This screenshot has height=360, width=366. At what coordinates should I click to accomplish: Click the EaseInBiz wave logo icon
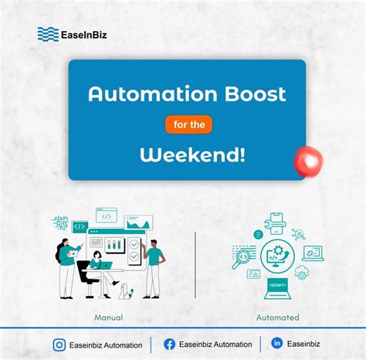pyautogui.click(x=48, y=34)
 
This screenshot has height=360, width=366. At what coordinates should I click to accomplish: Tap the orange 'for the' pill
pyautogui.click(x=188, y=124)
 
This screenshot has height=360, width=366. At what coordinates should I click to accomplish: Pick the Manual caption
pyautogui.click(x=110, y=318)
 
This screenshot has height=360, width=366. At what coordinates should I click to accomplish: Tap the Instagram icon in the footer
pyautogui.click(x=59, y=345)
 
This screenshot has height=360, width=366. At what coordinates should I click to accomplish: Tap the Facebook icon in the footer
pyautogui.click(x=169, y=345)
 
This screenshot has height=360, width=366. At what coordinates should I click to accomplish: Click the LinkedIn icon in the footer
pyautogui.click(x=277, y=344)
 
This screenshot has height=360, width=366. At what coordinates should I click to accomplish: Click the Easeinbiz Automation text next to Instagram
pyautogui.click(x=106, y=345)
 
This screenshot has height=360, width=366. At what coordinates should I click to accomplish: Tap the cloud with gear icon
pyautogui.click(x=302, y=272)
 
